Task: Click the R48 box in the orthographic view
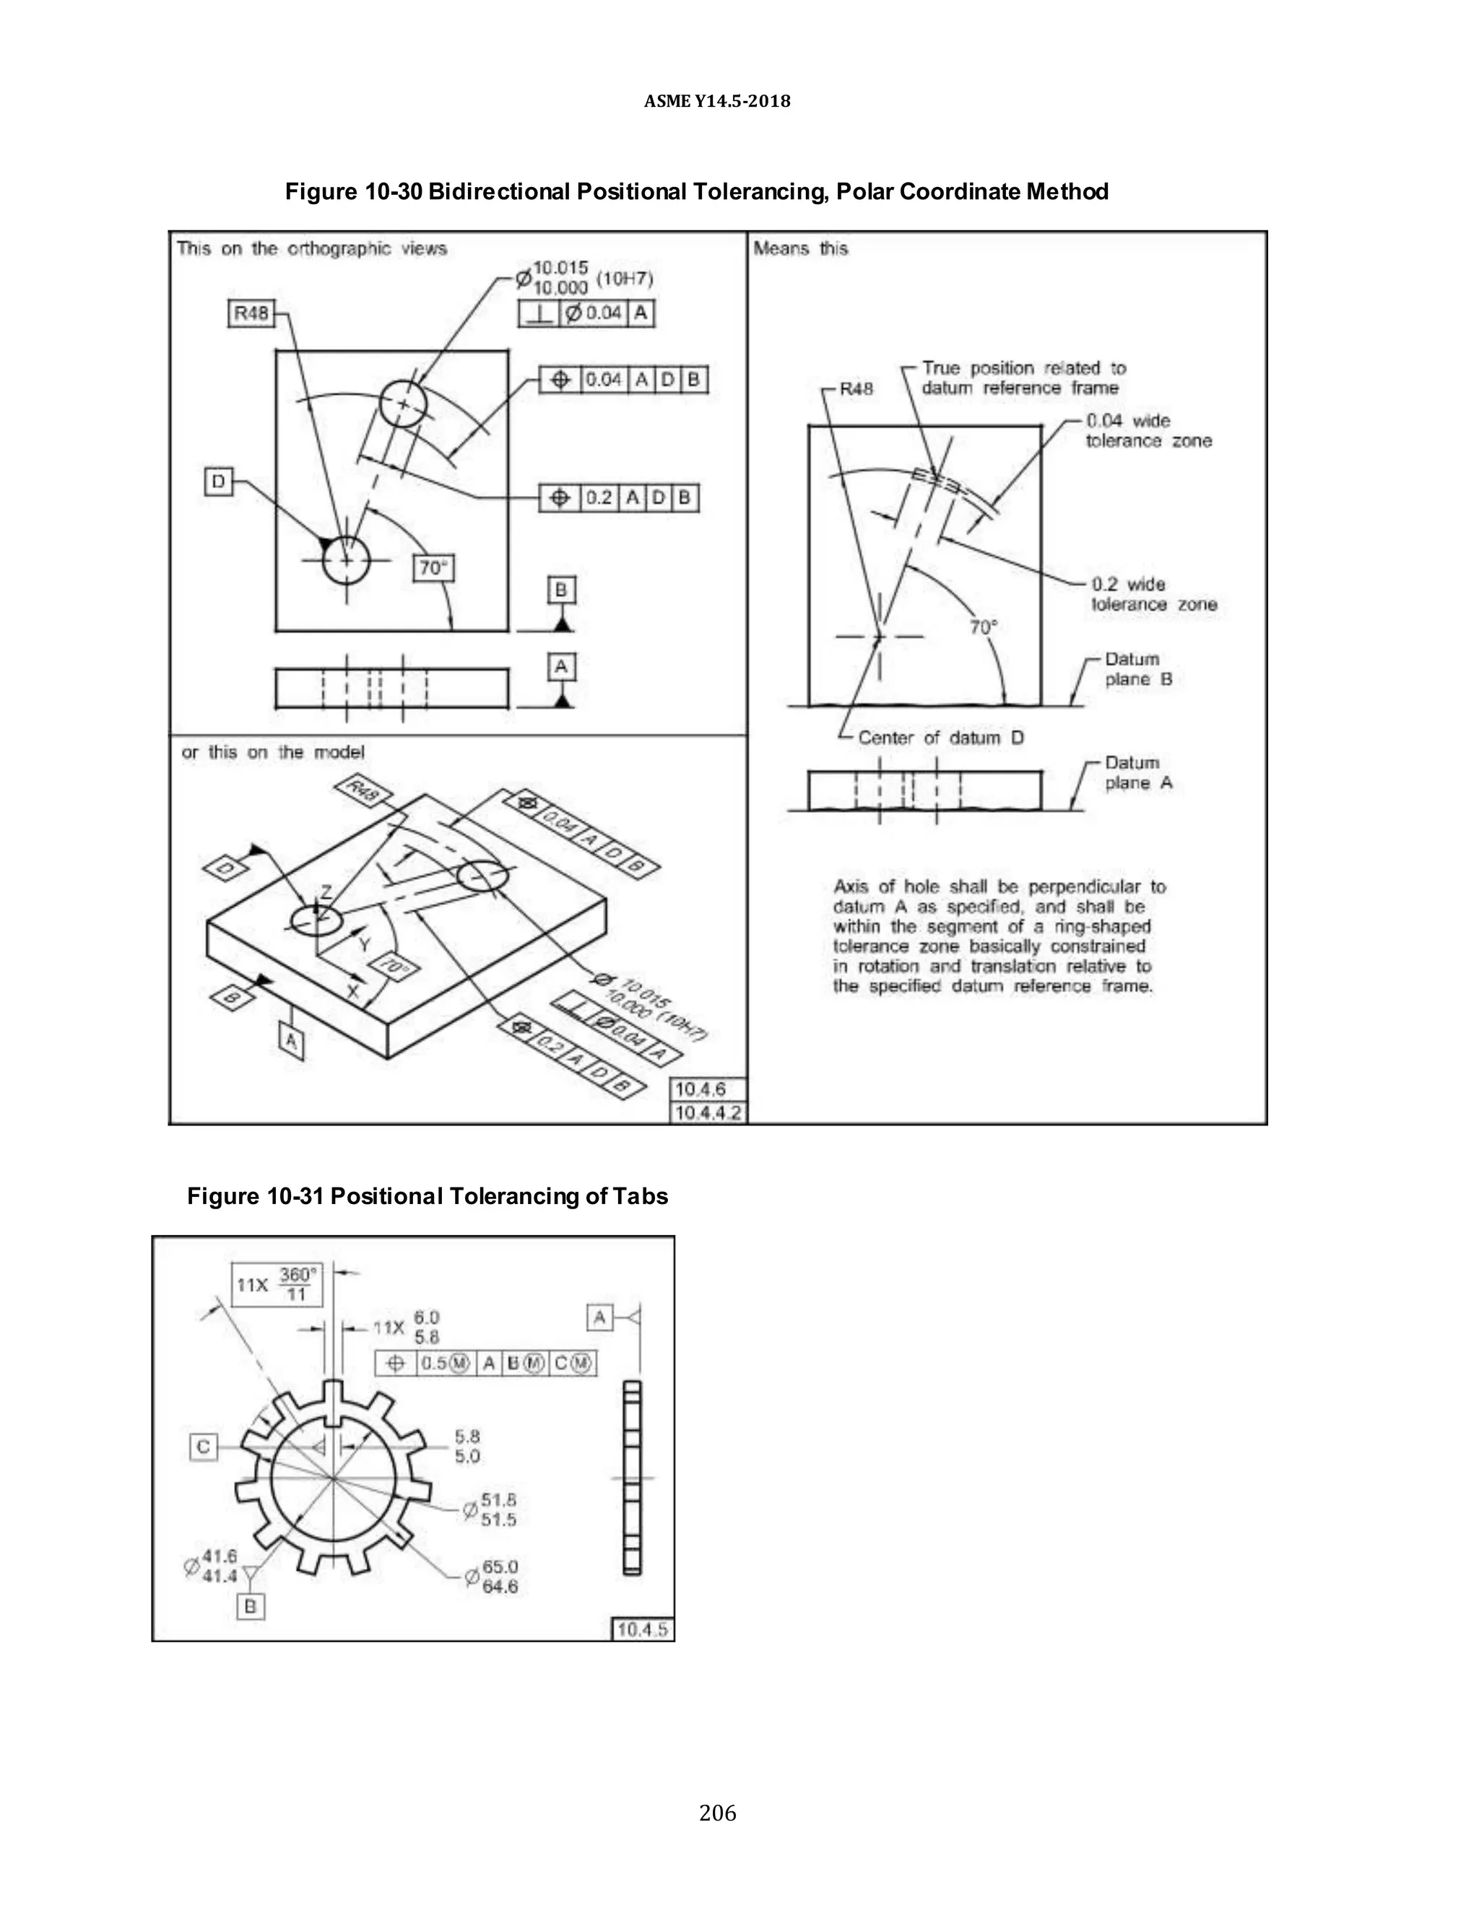click(251, 313)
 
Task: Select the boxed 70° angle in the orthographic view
click(433, 568)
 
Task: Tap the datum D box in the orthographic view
click(218, 481)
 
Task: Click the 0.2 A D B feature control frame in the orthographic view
click(619, 497)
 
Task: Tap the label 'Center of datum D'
click(940, 738)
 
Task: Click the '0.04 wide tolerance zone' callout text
click(1148, 431)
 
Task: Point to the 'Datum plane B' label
click(1137, 668)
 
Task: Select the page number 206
click(718, 1812)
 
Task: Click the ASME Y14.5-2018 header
click(716, 102)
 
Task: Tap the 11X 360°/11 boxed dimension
click(277, 1284)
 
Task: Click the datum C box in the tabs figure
click(203, 1446)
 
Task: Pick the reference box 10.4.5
click(642, 1629)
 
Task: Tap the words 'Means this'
click(801, 249)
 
